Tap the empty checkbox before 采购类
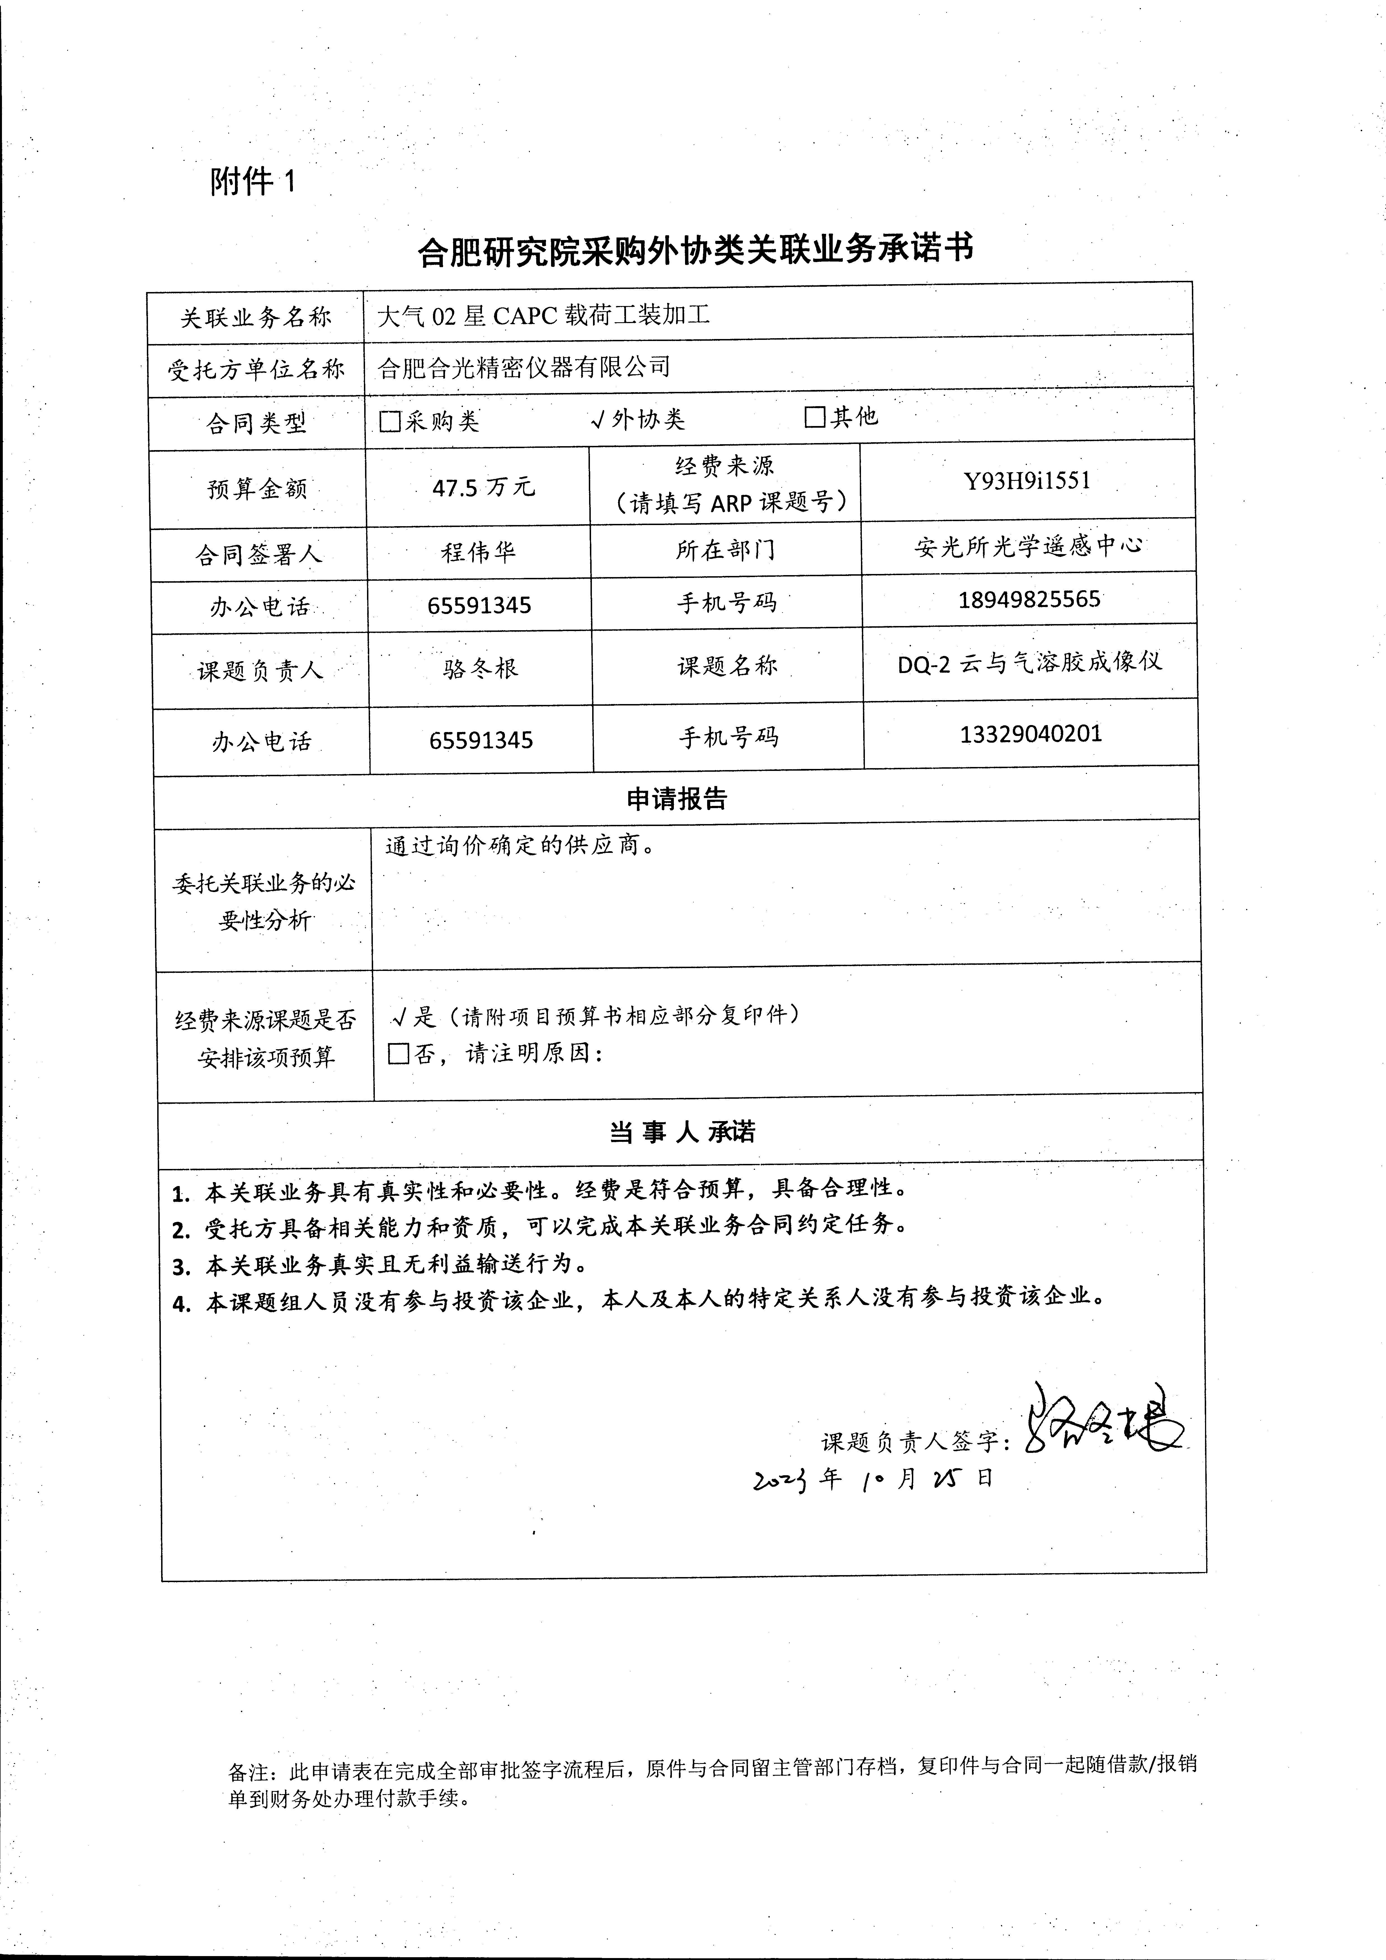click(390, 421)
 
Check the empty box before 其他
click(815, 417)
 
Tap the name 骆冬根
click(480, 669)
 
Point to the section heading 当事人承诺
click(681, 1132)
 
